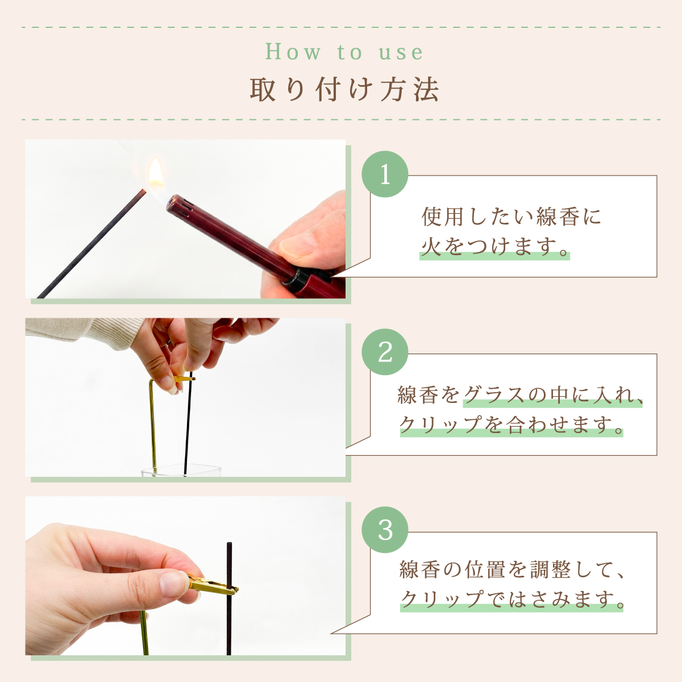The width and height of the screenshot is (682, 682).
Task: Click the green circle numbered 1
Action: [385, 174]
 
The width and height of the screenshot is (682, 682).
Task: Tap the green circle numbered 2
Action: [385, 352]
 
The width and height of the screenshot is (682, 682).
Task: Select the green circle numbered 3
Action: [385, 530]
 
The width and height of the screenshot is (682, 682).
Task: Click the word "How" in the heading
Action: [293, 52]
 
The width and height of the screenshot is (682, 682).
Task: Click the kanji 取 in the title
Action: [263, 90]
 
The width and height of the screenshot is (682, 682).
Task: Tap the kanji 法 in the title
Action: [426, 90]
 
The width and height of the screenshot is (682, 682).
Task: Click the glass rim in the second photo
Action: [181, 468]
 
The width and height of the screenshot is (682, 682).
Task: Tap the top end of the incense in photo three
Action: [230, 543]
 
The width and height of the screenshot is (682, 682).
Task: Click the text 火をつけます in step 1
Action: [494, 246]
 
